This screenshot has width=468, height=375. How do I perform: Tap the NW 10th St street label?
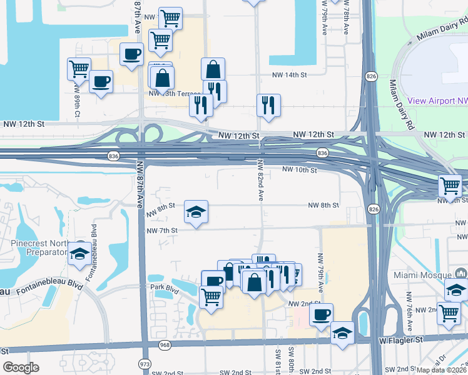click(x=300, y=169)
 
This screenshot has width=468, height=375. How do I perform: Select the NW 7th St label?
click(x=162, y=231)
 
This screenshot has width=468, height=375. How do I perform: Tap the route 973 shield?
click(x=145, y=363)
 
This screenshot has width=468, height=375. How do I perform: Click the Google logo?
click(x=21, y=367)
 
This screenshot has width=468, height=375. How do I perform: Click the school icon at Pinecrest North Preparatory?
click(x=79, y=252)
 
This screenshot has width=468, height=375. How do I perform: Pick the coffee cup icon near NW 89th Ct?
click(x=101, y=81)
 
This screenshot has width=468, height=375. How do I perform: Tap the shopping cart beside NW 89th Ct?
click(x=79, y=69)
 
